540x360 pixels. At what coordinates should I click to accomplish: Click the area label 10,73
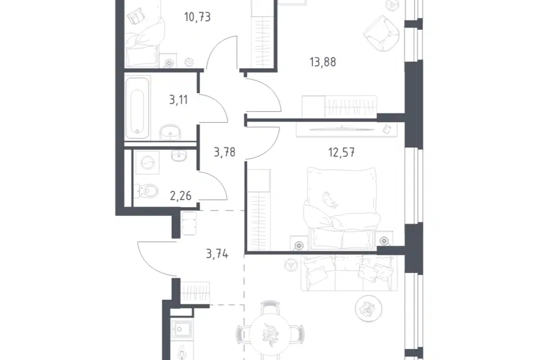[197, 17]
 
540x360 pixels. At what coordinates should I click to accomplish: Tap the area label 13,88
[323, 62]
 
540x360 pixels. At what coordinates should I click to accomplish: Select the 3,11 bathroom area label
[178, 100]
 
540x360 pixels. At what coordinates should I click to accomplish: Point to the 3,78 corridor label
[224, 152]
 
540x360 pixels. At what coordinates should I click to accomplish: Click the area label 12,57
[341, 152]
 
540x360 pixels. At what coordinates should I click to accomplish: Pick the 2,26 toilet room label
[181, 196]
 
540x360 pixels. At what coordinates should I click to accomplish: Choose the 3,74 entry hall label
[217, 254]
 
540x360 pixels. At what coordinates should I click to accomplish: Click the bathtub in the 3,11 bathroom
[137, 108]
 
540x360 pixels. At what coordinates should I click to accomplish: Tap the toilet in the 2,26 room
[146, 191]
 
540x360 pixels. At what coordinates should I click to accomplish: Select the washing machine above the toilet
[147, 163]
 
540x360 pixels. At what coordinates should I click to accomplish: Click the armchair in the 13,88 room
[382, 33]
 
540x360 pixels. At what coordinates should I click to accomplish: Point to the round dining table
[271, 334]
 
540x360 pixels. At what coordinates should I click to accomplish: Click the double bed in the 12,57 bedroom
[342, 208]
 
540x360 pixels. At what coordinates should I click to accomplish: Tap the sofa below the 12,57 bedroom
[349, 273]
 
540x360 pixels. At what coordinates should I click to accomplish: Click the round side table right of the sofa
[368, 309]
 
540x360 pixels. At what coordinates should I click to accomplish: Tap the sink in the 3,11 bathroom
[170, 132]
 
